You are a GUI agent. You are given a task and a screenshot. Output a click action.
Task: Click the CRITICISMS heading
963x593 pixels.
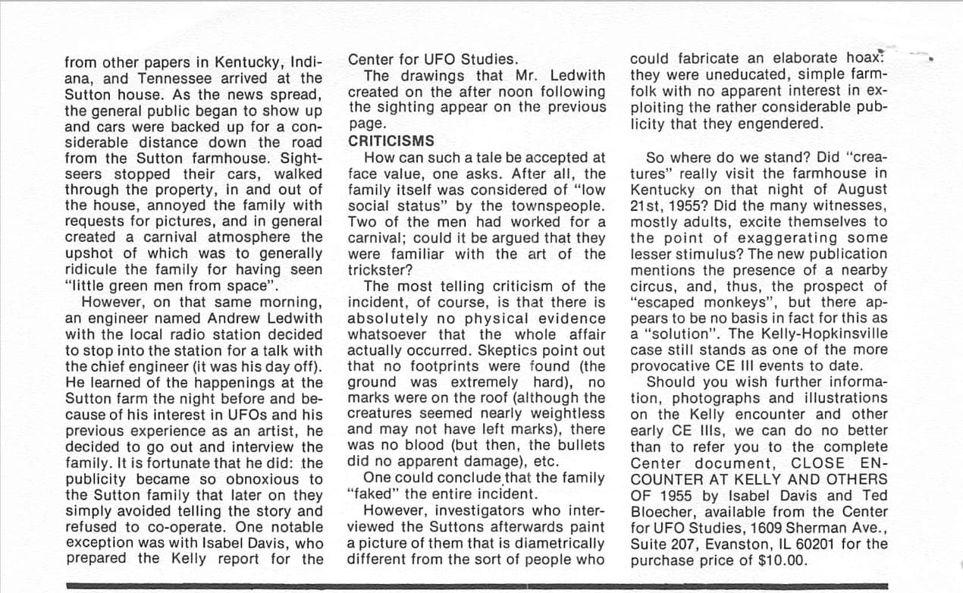pos(391,141)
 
